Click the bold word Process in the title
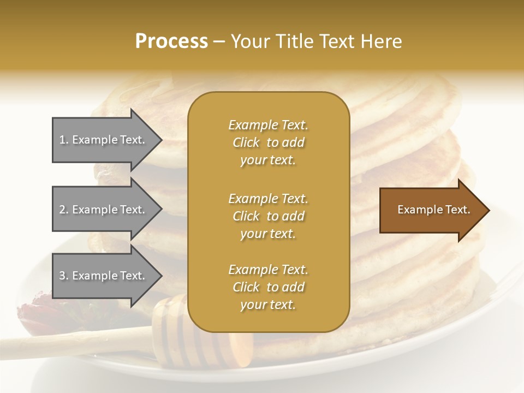pos(171,41)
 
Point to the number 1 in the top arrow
pos(62,140)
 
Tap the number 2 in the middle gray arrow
pos(62,210)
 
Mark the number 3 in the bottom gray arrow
pos(62,276)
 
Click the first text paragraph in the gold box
pos(268,142)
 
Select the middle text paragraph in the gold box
pos(268,216)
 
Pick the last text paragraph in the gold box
pos(268,287)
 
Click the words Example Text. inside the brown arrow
pos(433,210)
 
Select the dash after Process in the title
pos(219,42)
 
